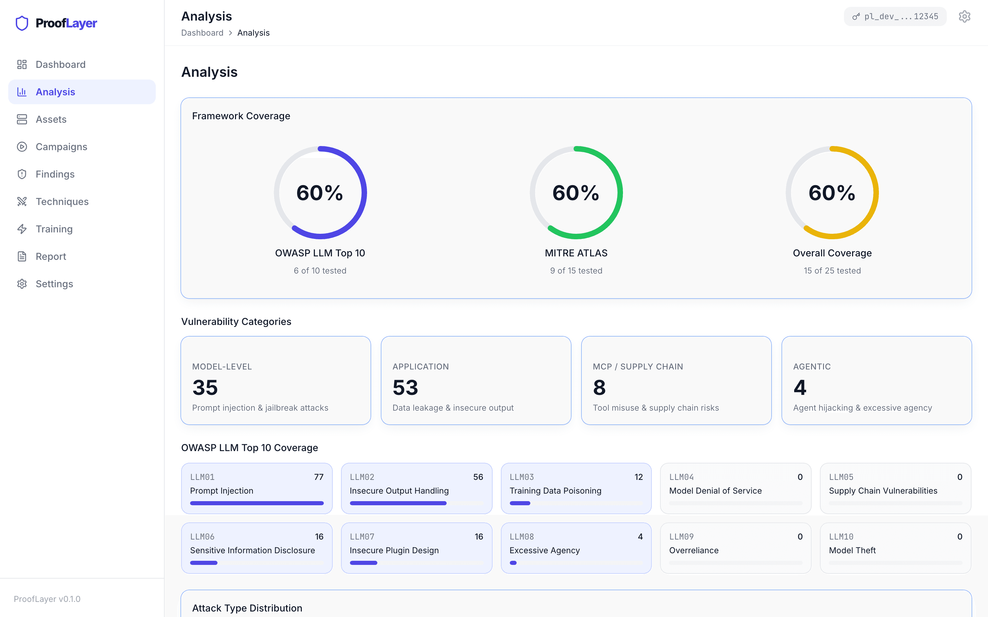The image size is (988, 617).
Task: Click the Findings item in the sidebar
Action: tap(55, 174)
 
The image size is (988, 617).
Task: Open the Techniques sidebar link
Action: tap(62, 202)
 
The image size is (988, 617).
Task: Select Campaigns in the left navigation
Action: tap(61, 147)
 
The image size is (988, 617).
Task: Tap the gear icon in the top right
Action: tap(964, 17)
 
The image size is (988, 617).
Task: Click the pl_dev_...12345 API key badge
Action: tap(895, 17)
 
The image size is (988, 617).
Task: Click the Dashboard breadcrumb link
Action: tap(202, 33)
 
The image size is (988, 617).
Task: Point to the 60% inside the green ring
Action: tap(576, 193)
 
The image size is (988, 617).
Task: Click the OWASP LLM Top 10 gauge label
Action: tap(320, 253)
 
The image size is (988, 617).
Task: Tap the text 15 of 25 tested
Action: tap(832, 270)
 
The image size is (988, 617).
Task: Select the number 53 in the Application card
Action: tap(405, 387)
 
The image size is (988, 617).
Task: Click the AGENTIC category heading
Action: tap(812, 366)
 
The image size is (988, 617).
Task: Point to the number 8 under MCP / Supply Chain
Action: tap(599, 387)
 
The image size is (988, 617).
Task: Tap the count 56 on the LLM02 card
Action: tap(478, 477)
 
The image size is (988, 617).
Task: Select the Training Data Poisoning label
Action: tap(555, 491)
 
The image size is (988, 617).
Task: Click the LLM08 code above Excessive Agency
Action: tap(521, 536)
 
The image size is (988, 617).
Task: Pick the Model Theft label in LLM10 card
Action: tap(852, 551)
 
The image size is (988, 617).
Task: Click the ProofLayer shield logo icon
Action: tap(22, 23)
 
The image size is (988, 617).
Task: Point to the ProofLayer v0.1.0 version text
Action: tap(47, 599)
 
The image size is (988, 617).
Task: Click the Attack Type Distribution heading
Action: tap(247, 608)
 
